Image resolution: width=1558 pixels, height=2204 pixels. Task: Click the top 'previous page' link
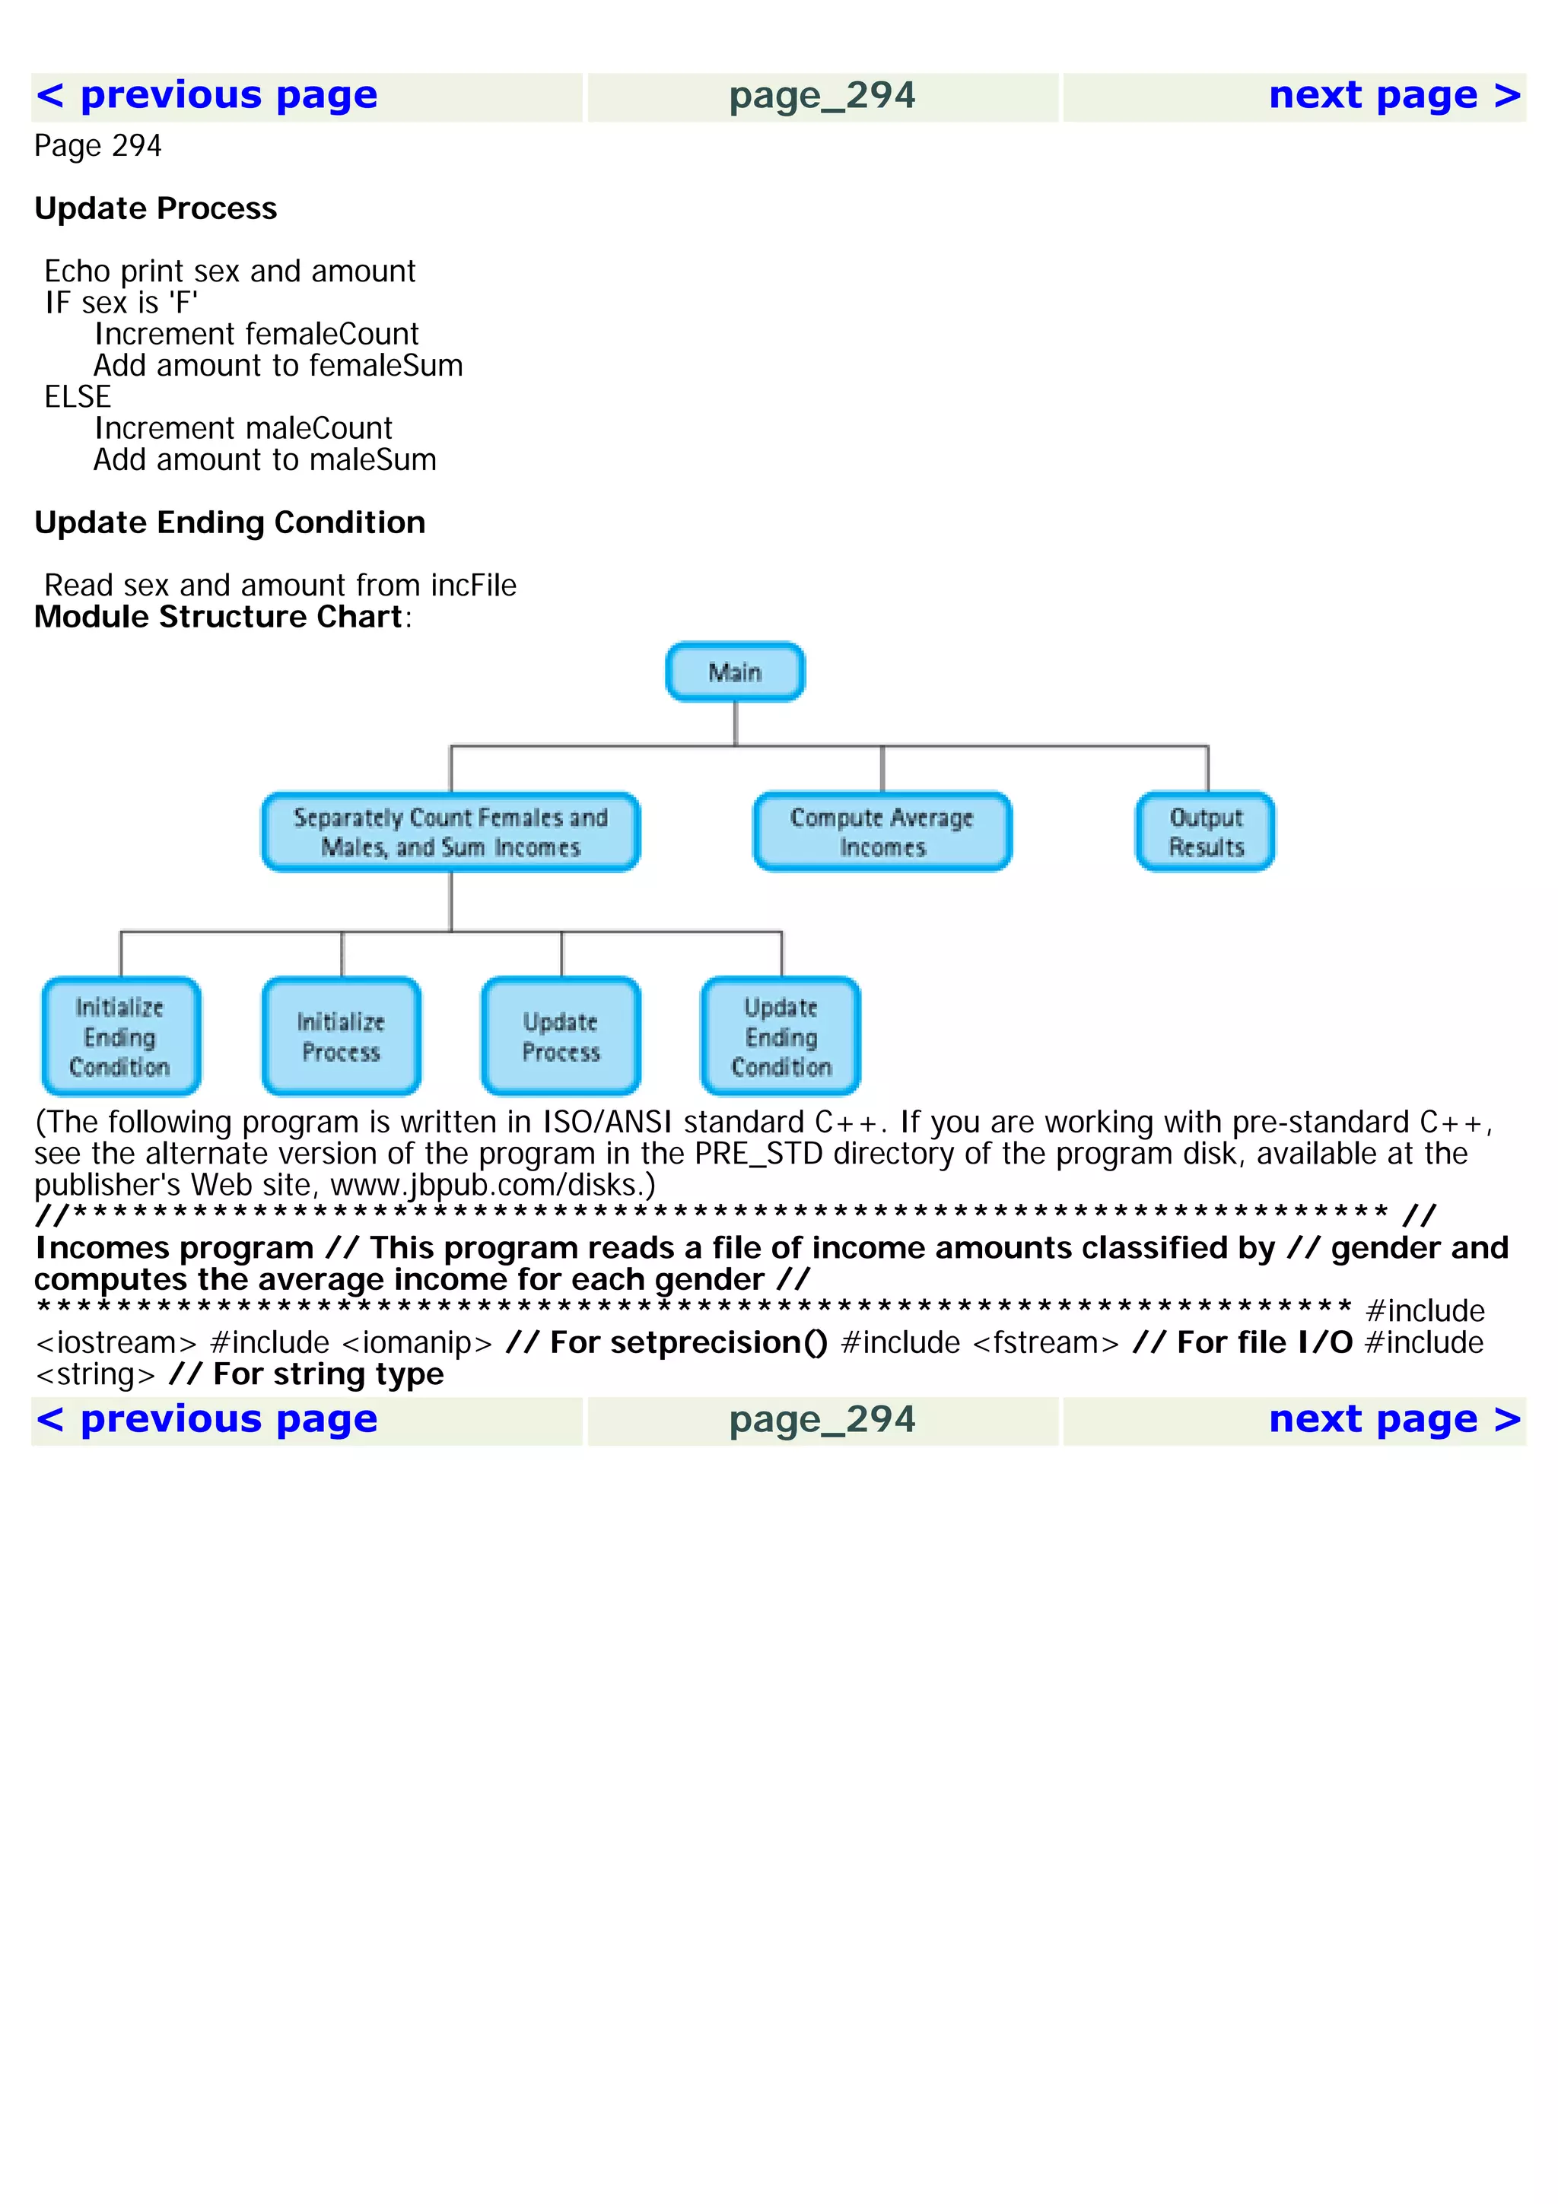pos(206,96)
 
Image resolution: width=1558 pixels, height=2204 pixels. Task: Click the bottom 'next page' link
pos(1394,1420)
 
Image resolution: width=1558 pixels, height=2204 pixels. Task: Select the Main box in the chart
pos(736,672)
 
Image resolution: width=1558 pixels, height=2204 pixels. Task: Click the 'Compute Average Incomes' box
pos(882,832)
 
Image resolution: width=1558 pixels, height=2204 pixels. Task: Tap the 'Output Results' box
pos(1206,832)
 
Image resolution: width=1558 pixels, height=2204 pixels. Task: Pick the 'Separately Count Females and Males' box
pos(450,832)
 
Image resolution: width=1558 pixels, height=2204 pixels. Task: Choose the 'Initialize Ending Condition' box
pos(121,1037)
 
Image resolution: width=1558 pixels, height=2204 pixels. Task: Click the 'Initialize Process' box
pos(341,1037)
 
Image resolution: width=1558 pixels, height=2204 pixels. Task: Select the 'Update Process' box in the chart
pos(561,1037)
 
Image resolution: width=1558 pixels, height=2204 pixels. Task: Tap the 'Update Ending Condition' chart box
pos(781,1037)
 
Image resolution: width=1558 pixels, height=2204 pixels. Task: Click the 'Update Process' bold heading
pos(155,208)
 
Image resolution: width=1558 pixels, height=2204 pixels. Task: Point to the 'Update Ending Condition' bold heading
pos(230,522)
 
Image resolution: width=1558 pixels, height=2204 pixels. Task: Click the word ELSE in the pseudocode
pos(77,396)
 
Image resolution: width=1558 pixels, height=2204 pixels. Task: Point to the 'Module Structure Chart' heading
pos(218,616)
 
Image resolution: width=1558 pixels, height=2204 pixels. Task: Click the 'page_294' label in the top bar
pos(822,96)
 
